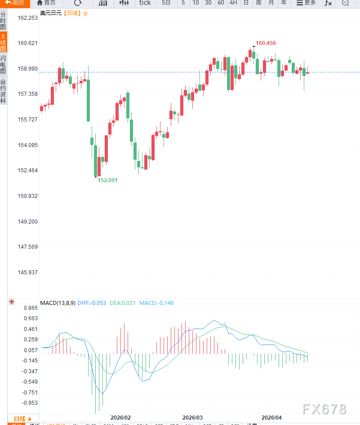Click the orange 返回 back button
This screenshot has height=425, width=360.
tap(14, 3)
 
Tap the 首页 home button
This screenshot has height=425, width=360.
tap(46, 3)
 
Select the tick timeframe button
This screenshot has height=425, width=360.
tap(145, 3)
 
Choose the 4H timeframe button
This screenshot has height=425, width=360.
tap(233, 3)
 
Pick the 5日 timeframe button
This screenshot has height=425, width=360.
tap(166, 3)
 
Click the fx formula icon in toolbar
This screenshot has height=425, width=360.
tap(328, 3)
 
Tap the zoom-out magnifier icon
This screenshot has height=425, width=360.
tap(345, 3)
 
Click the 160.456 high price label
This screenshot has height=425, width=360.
tap(266, 43)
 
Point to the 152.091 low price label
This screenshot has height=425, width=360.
tap(107, 180)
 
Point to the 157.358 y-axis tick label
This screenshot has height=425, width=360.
tap(28, 94)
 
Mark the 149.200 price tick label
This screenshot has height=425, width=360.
tap(28, 222)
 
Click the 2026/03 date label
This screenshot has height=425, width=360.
tap(192, 417)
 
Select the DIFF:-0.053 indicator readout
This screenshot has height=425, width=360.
tap(92, 303)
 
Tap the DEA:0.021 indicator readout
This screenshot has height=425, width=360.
tap(122, 303)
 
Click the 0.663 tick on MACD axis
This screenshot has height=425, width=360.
tap(31, 318)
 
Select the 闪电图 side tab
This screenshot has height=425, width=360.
tap(3, 65)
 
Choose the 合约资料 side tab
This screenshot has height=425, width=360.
tap(3, 91)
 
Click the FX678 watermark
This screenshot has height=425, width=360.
tap(324, 409)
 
